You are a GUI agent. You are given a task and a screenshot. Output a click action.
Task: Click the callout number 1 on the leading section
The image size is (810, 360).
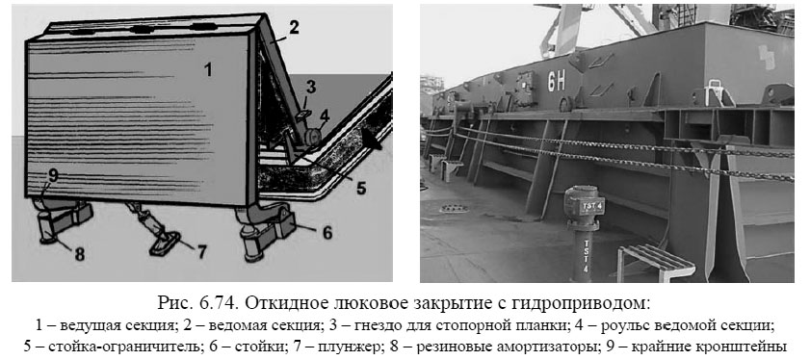pos(206,68)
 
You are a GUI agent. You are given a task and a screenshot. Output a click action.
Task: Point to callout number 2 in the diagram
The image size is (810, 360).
pos(293,28)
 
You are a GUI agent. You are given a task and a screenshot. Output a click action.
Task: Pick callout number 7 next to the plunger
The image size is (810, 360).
pos(201,253)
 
